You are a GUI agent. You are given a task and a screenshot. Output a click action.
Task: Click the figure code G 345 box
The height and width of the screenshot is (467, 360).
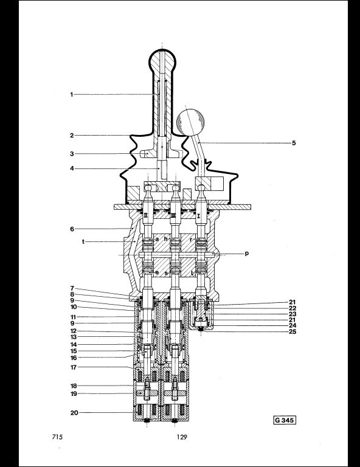285,420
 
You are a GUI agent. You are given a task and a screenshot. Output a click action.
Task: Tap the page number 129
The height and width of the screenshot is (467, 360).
182,437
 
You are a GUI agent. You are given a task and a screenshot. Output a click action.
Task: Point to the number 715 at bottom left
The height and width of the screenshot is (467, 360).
57,437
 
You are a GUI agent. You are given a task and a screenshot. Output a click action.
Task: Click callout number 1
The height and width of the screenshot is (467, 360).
72,94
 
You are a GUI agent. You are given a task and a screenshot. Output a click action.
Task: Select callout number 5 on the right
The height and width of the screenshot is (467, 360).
294,143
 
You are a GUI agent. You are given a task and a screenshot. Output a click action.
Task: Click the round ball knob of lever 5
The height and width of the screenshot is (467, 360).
190,122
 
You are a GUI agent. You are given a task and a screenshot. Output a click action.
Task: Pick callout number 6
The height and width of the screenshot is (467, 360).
72,229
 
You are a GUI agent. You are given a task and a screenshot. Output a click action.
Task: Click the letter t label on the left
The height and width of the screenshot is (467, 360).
83,241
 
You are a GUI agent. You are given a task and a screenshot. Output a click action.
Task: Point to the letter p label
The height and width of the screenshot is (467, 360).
246,254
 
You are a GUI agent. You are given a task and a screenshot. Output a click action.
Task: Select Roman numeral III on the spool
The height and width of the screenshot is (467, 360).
173,216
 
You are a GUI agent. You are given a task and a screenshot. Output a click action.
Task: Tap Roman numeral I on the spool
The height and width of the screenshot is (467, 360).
199,216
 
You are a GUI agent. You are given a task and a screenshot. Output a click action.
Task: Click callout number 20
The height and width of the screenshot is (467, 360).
74,413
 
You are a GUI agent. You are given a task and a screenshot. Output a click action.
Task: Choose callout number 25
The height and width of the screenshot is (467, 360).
292,331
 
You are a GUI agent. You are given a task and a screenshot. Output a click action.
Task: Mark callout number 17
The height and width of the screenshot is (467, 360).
74,367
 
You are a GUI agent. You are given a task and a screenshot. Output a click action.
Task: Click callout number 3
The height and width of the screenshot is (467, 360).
72,154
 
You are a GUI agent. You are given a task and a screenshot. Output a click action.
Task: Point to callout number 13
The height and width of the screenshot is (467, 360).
74,337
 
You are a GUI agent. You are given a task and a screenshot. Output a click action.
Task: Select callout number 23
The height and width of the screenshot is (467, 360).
292,314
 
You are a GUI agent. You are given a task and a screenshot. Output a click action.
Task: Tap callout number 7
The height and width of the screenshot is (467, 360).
72,288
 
